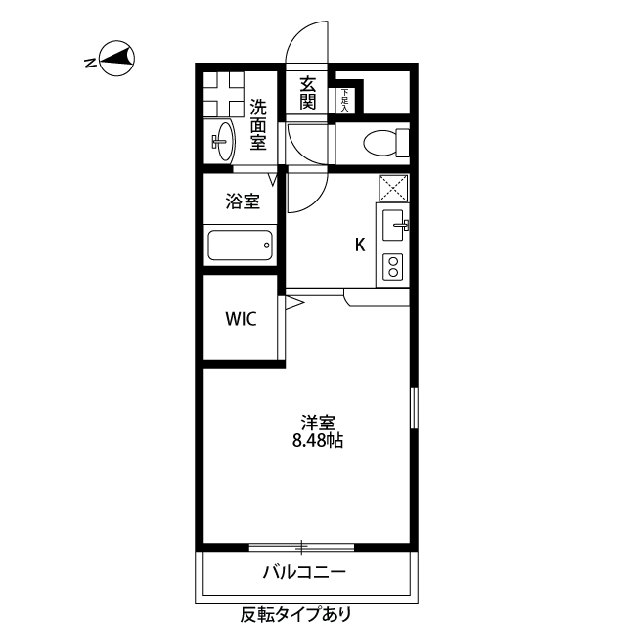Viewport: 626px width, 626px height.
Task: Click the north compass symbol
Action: click(x=114, y=61)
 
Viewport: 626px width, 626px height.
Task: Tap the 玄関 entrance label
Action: click(x=308, y=92)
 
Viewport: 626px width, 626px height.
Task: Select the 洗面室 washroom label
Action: click(x=258, y=124)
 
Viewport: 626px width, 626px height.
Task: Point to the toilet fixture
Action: click(x=383, y=143)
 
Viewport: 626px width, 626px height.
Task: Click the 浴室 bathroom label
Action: click(x=243, y=202)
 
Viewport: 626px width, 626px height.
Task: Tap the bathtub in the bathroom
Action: click(x=241, y=245)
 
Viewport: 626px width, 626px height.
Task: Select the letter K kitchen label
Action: click(x=360, y=246)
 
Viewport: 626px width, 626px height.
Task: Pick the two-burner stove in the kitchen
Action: click(x=393, y=267)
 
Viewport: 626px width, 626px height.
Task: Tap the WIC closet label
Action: click(x=241, y=319)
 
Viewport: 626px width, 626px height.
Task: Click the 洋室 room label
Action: click(x=319, y=423)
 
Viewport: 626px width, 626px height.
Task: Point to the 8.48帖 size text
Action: click(x=318, y=441)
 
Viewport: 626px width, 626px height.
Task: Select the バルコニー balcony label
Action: click(x=304, y=572)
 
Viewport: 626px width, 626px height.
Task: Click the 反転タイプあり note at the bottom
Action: click(x=295, y=615)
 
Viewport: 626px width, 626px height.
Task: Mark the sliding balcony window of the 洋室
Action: click(x=303, y=547)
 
